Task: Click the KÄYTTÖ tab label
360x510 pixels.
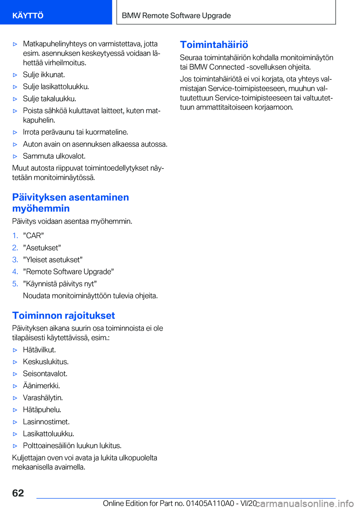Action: coord(28,15)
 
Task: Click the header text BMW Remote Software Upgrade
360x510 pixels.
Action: coord(176,15)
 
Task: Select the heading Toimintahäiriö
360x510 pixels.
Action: coord(214,45)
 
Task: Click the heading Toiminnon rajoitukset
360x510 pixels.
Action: coord(63,315)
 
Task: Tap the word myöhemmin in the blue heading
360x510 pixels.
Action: coord(41,208)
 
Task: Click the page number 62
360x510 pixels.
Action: coord(18,493)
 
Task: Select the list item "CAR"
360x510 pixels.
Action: coord(33,236)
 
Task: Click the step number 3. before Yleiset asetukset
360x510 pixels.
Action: coord(15,259)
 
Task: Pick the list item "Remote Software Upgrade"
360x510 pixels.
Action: coord(68,271)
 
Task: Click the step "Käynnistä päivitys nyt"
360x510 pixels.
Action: coord(60,283)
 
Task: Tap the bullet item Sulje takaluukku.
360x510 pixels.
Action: coord(49,98)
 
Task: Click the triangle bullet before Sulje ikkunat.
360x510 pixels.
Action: coord(15,75)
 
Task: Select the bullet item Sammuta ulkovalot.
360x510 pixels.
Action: coord(54,156)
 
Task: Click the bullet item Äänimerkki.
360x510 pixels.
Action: coord(41,385)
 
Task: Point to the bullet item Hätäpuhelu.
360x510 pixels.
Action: coord(42,409)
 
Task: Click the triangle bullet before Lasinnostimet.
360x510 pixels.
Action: coord(15,422)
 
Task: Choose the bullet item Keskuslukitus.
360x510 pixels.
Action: coord(46,361)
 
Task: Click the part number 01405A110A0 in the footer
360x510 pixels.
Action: coord(210,503)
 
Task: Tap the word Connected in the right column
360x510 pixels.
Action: coord(227,67)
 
